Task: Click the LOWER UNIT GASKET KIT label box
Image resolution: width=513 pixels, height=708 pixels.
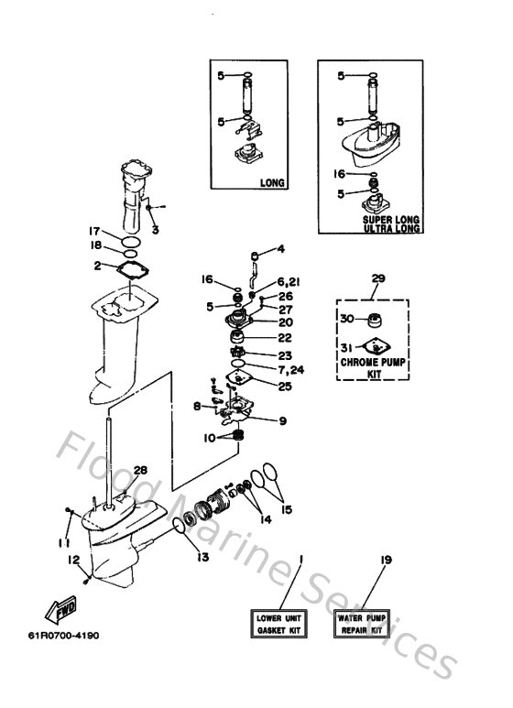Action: [x=275, y=626]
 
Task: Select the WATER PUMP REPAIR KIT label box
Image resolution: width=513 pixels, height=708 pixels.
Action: [x=359, y=626]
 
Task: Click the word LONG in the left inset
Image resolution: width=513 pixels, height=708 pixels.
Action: [x=272, y=182]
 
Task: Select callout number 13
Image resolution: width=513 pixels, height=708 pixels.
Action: [x=202, y=557]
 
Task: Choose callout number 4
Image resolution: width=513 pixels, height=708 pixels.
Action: [x=281, y=248]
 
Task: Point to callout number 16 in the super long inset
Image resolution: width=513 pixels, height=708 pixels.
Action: [x=339, y=172]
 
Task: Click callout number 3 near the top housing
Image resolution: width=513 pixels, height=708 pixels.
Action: [x=155, y=229]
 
